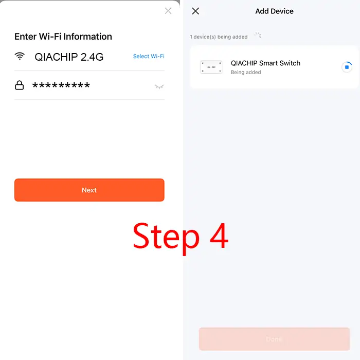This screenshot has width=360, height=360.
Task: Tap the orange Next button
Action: click(89, 190)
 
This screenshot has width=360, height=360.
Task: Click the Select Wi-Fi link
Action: click(149, 56)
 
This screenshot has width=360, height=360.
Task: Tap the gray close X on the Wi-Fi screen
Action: click(168, 11)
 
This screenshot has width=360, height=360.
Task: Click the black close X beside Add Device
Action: click(195, 11)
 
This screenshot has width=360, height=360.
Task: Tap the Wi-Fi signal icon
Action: click(20, 56)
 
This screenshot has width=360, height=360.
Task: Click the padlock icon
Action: click(20, 85)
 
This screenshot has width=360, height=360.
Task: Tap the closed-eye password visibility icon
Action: click(159, 86)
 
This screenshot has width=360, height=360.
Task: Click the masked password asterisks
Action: click(61, 85)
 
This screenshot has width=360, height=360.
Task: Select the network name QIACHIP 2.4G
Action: click(69, 57)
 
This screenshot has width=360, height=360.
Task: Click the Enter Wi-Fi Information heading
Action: click(63, 37)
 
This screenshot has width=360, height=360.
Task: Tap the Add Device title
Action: click(274, 11)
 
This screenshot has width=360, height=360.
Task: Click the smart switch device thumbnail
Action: click(211, 67)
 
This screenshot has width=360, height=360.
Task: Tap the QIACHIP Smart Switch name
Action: click(265, 63)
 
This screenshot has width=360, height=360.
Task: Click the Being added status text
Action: click(246, 73)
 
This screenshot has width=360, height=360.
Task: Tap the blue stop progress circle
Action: click(347, 67)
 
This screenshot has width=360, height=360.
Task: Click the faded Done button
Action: click(274, 339)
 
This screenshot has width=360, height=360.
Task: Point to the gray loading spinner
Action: click(258, 35)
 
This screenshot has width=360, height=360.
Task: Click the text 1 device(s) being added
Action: click(219, 37)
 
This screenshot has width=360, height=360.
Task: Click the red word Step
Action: click(166, 238)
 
